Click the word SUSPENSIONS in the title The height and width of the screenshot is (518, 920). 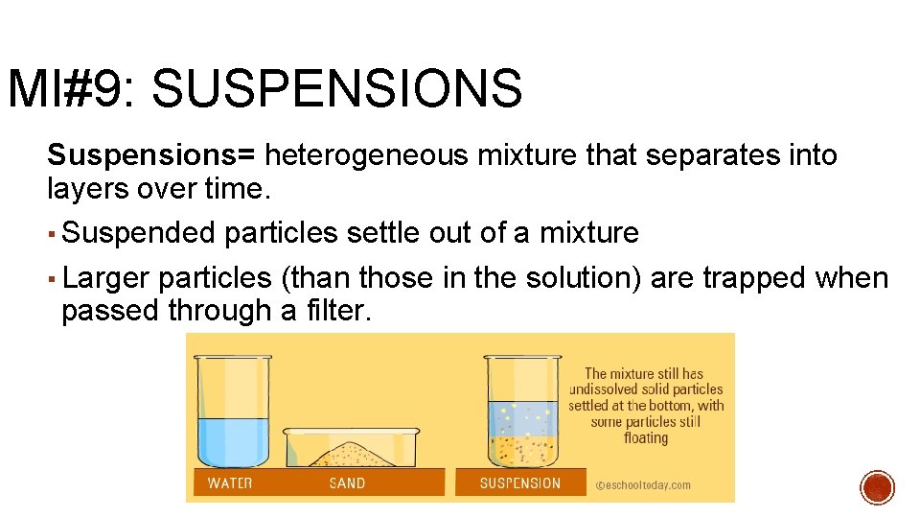[336, 89]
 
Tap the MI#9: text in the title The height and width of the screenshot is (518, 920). [73, 89]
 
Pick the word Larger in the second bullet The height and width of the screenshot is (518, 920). [105, 278]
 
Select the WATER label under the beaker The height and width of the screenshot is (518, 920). [230, 483]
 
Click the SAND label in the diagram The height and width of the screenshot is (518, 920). [347, 483]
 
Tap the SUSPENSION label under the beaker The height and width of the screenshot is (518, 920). [519, 483]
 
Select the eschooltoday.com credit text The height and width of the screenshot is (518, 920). [643, 484]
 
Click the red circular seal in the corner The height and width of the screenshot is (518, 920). [877, 487]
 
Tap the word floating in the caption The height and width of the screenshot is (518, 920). [645, 437]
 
